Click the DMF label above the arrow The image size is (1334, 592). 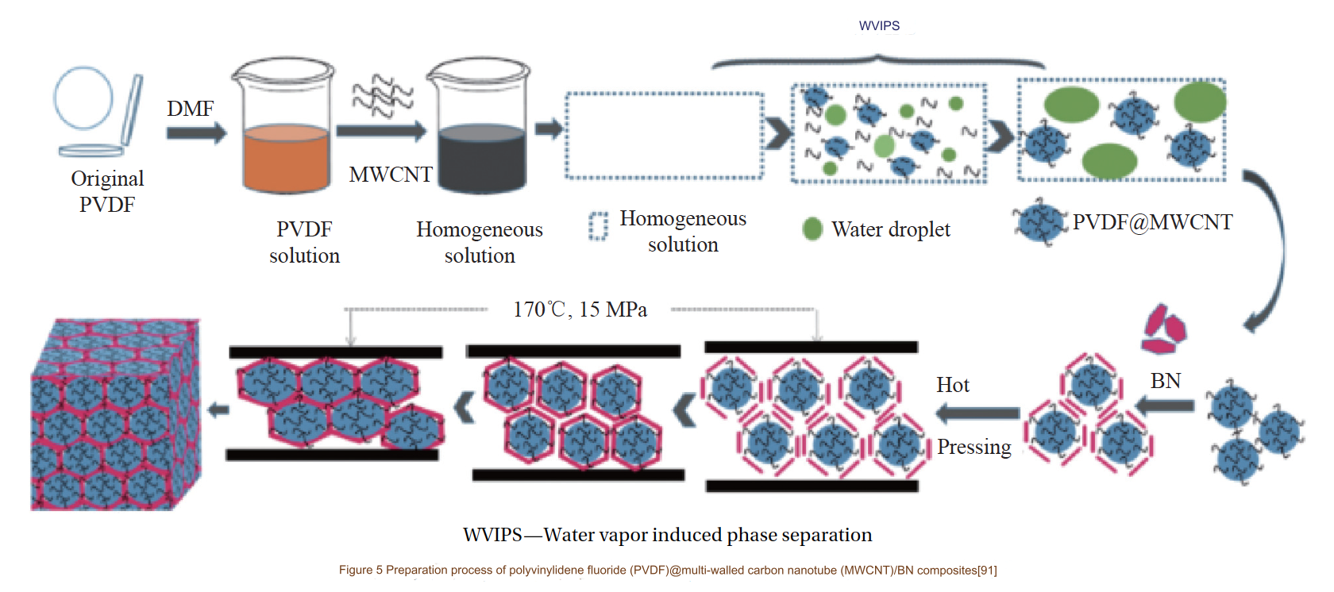[190, 109]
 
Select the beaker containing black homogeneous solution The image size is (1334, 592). [480, 127]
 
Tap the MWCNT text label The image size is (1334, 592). [390, 175]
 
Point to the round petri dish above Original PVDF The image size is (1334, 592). [83, 98]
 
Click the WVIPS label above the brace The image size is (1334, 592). [879, 26]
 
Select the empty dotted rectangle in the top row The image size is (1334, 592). [664, 136]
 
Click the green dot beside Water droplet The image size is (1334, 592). [812, 229]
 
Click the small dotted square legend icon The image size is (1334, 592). [598, 226]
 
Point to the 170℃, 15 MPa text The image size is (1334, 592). [580, 309]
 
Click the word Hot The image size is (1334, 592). [953, 385]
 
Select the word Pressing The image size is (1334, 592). [974, 447]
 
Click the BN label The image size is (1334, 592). [1165, 381]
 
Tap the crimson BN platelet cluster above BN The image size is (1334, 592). [1163, 328]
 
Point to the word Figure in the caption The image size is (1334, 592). [356, 570]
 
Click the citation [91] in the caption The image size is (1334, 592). [987, 570]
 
